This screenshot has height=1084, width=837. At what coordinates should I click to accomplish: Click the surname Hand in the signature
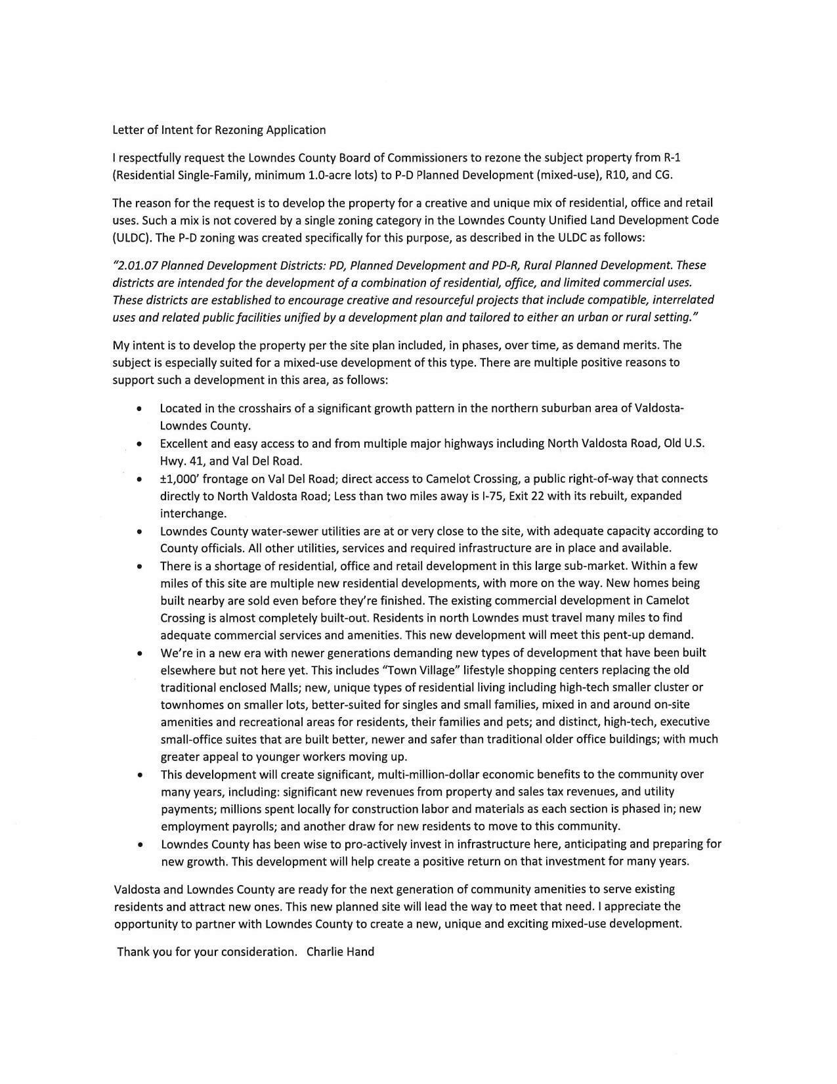click(360, 952)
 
